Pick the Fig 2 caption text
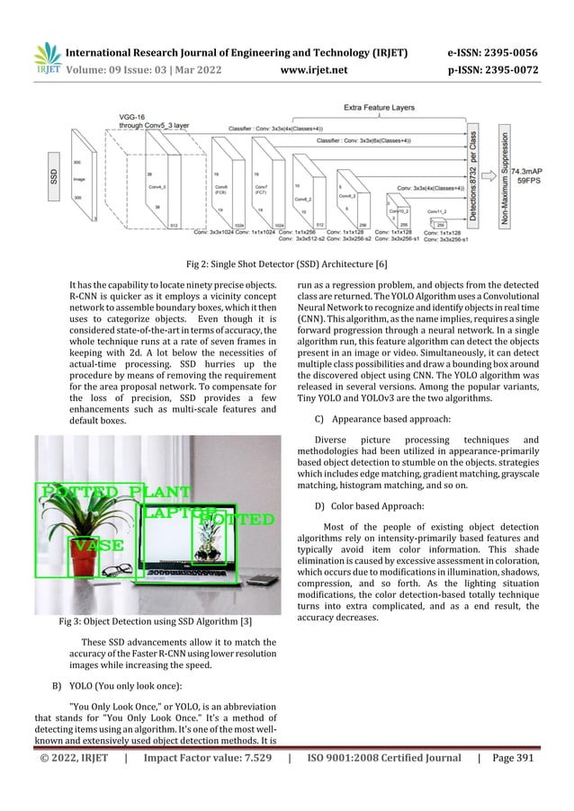point(286,263)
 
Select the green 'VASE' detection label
point(97,546)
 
